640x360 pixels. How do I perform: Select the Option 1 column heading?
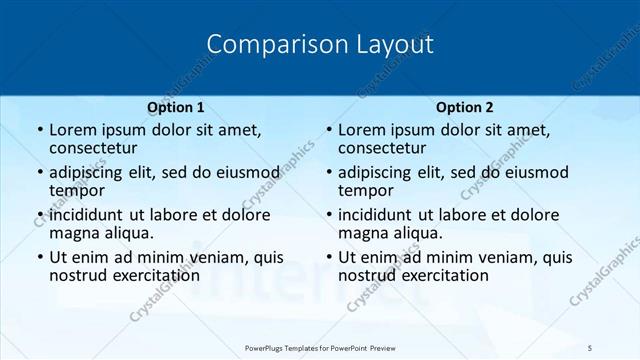[176, 107]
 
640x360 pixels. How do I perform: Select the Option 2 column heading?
[465, 107]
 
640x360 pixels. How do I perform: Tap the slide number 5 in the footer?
[590, 347]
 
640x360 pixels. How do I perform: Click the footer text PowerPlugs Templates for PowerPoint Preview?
[319, 347]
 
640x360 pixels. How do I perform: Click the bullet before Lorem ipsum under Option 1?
[39, 130]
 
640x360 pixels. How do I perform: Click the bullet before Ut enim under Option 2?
[328, 257]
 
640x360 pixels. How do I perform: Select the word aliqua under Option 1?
[128, 233]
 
